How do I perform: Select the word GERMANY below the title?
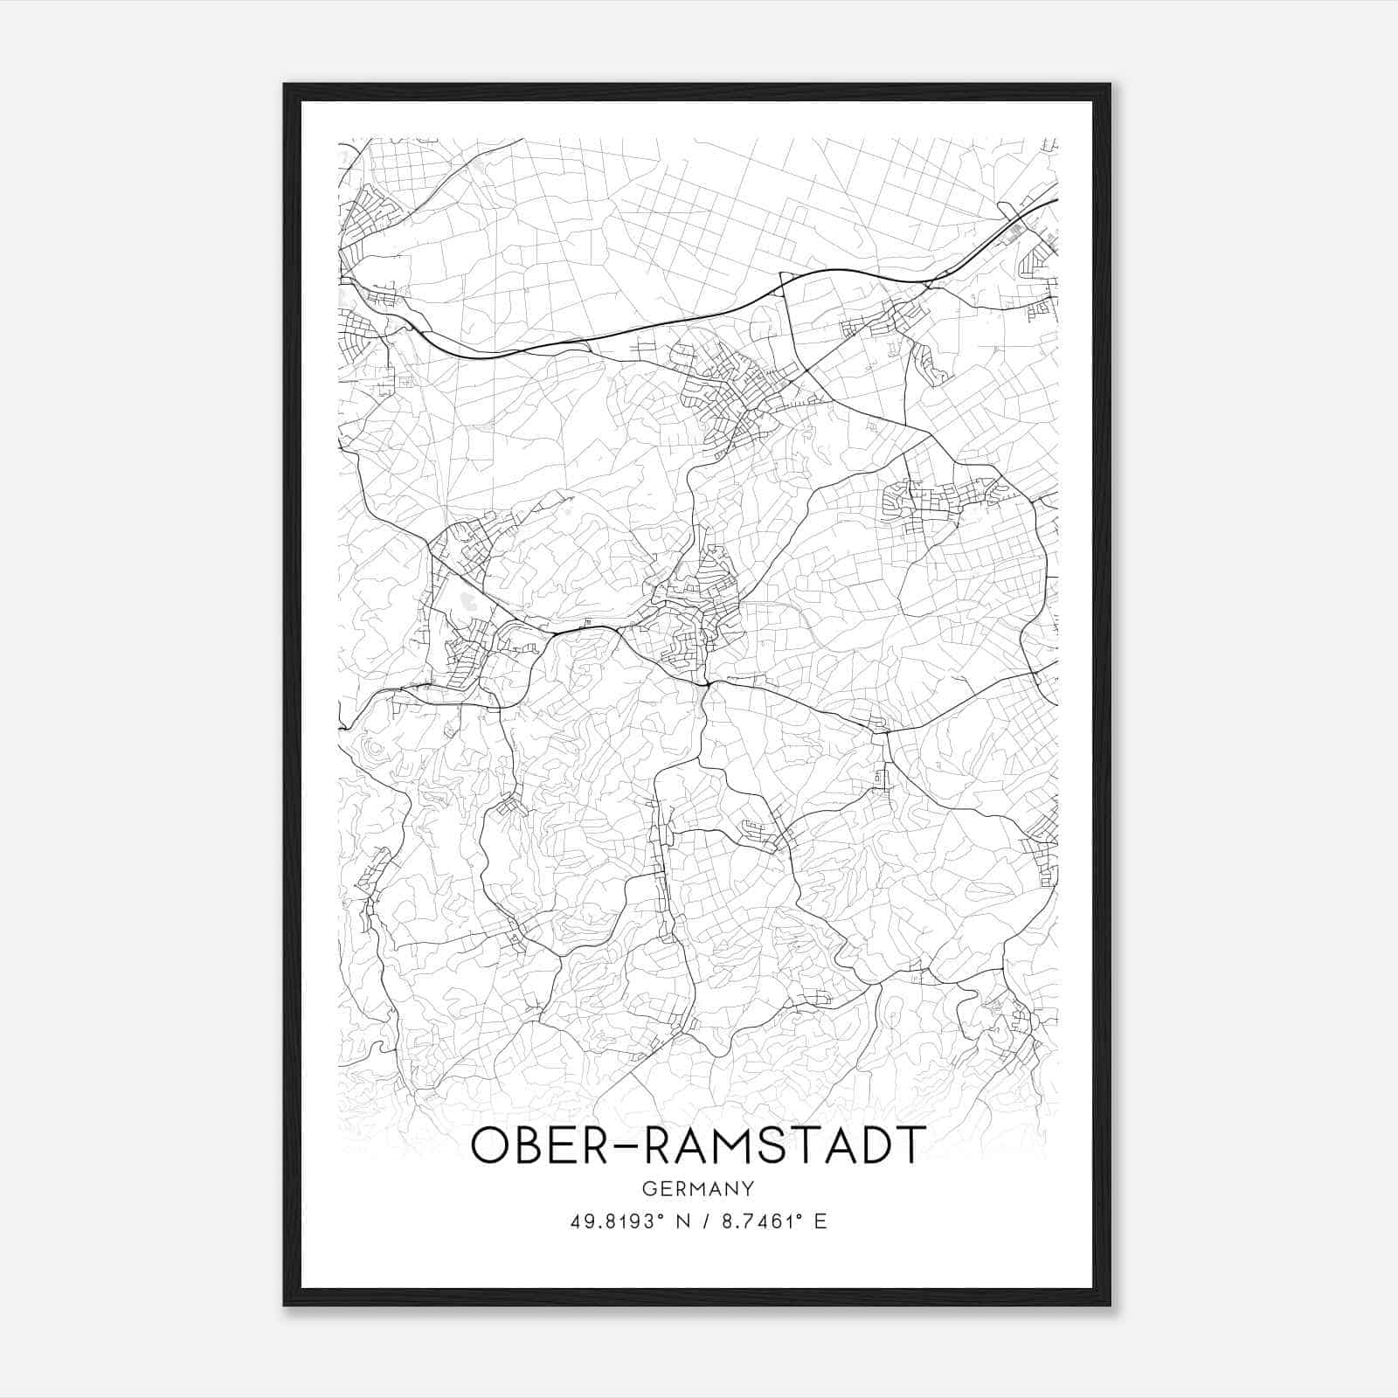(698, 1188)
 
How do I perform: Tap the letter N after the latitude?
(682, 1222)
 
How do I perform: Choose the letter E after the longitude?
(820, 1222)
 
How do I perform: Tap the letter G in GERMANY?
(648, 1188)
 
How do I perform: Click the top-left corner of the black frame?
(284, 85)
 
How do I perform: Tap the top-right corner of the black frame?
(1110, 85)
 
